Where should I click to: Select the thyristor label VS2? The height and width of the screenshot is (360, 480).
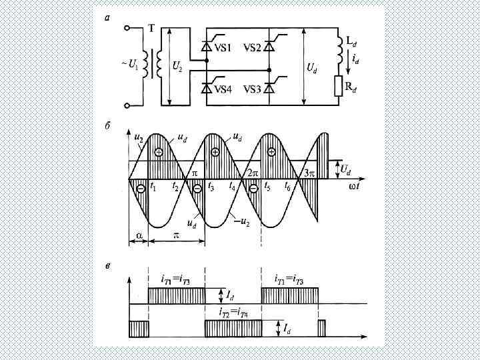[253, 48]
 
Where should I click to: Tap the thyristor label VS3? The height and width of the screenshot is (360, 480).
[253, 89]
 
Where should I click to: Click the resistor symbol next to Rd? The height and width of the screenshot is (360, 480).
[339, 85]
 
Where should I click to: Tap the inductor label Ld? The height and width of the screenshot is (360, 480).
[351, 41]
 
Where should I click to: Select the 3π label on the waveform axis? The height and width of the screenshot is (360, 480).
[308, 173]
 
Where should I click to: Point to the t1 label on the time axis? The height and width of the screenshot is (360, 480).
[153, 187]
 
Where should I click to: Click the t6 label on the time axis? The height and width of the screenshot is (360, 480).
[288, 187]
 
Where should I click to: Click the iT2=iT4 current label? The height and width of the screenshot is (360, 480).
[234, 311]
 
